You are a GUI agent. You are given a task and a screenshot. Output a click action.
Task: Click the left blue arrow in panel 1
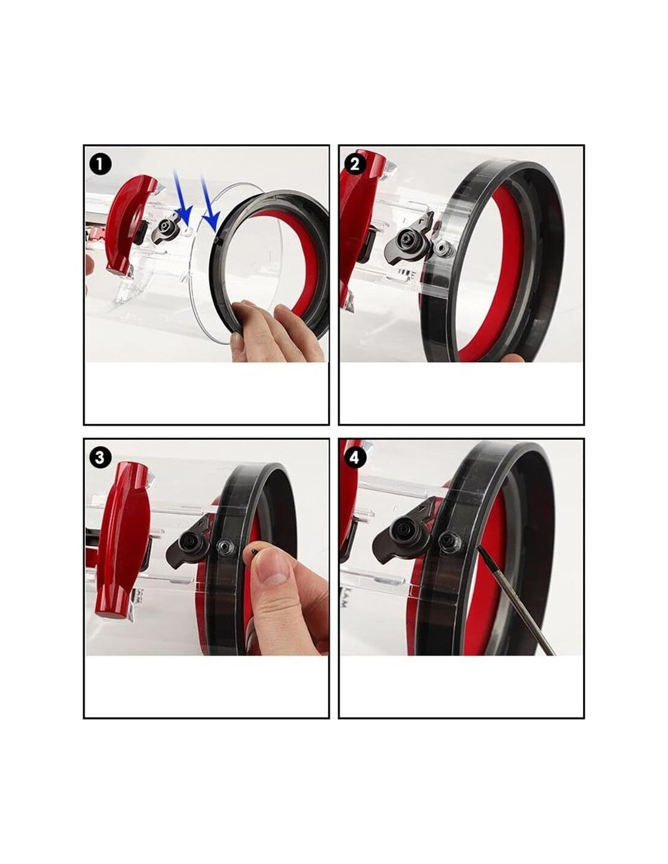click(x=182, y=196)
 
